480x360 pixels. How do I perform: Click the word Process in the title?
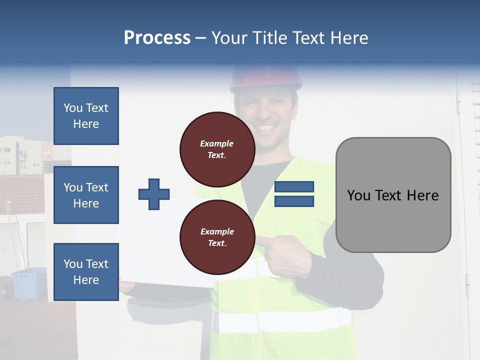coord(157,38)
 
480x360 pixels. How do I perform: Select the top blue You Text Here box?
coord(86,116)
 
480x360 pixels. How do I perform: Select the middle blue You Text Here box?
coord(86,195)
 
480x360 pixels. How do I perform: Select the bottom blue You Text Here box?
coord(86,272)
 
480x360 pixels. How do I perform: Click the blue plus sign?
coord(154,194)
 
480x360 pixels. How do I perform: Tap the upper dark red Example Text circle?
coord(217,149)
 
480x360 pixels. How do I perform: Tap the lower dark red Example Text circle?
coord(217,237)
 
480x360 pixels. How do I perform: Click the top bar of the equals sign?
coord(294,187)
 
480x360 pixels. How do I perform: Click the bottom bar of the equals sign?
coord(294,201)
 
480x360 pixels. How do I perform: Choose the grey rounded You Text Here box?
coord(393,195)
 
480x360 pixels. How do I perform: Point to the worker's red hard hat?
coord(266,77)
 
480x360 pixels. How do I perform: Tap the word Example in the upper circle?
coord(216,143)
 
